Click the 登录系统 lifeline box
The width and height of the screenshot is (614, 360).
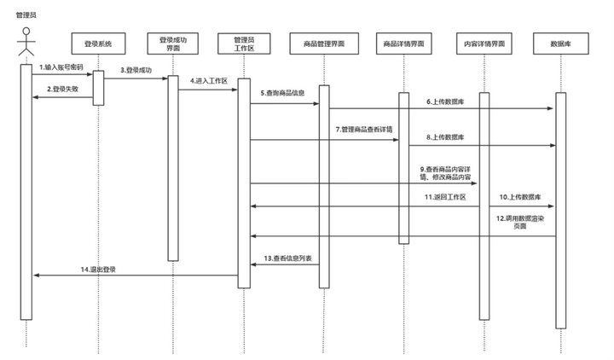[x=98, y=43]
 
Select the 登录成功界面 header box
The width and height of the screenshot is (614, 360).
[x=173, y=43]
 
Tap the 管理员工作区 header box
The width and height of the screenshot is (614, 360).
[x=244, y=43]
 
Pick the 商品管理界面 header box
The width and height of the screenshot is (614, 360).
[x=324, y=43]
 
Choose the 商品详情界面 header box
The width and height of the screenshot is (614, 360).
[x=403, y=43]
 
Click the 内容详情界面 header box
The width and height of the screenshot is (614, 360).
[x=484, y=43]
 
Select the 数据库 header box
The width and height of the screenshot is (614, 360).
[x=560, y=43]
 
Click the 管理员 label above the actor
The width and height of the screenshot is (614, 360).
[x=26, y=15]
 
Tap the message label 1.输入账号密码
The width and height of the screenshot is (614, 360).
[x=61, y=67]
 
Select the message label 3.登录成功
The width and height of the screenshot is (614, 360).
[x=135, y=70]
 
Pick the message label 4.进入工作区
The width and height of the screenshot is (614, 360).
[x=207, y=81]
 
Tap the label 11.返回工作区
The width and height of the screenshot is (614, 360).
[x=445, y=197]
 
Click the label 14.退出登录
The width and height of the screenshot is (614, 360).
[x=98, y=269]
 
